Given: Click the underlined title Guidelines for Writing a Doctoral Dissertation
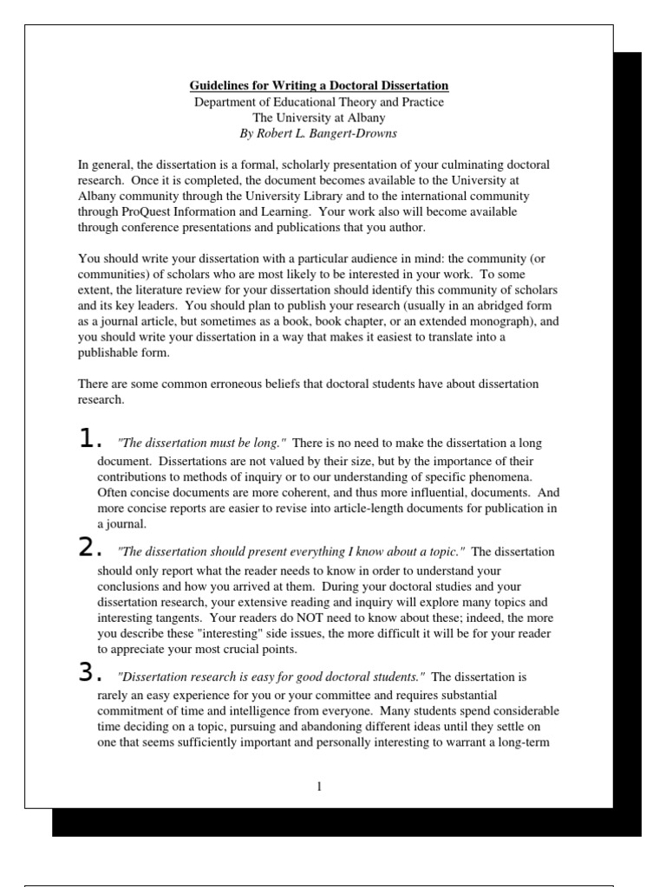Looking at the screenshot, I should coord(319,86).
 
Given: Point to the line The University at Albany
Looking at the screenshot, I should coord(319,118).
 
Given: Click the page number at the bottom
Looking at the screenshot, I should coord(319,787).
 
